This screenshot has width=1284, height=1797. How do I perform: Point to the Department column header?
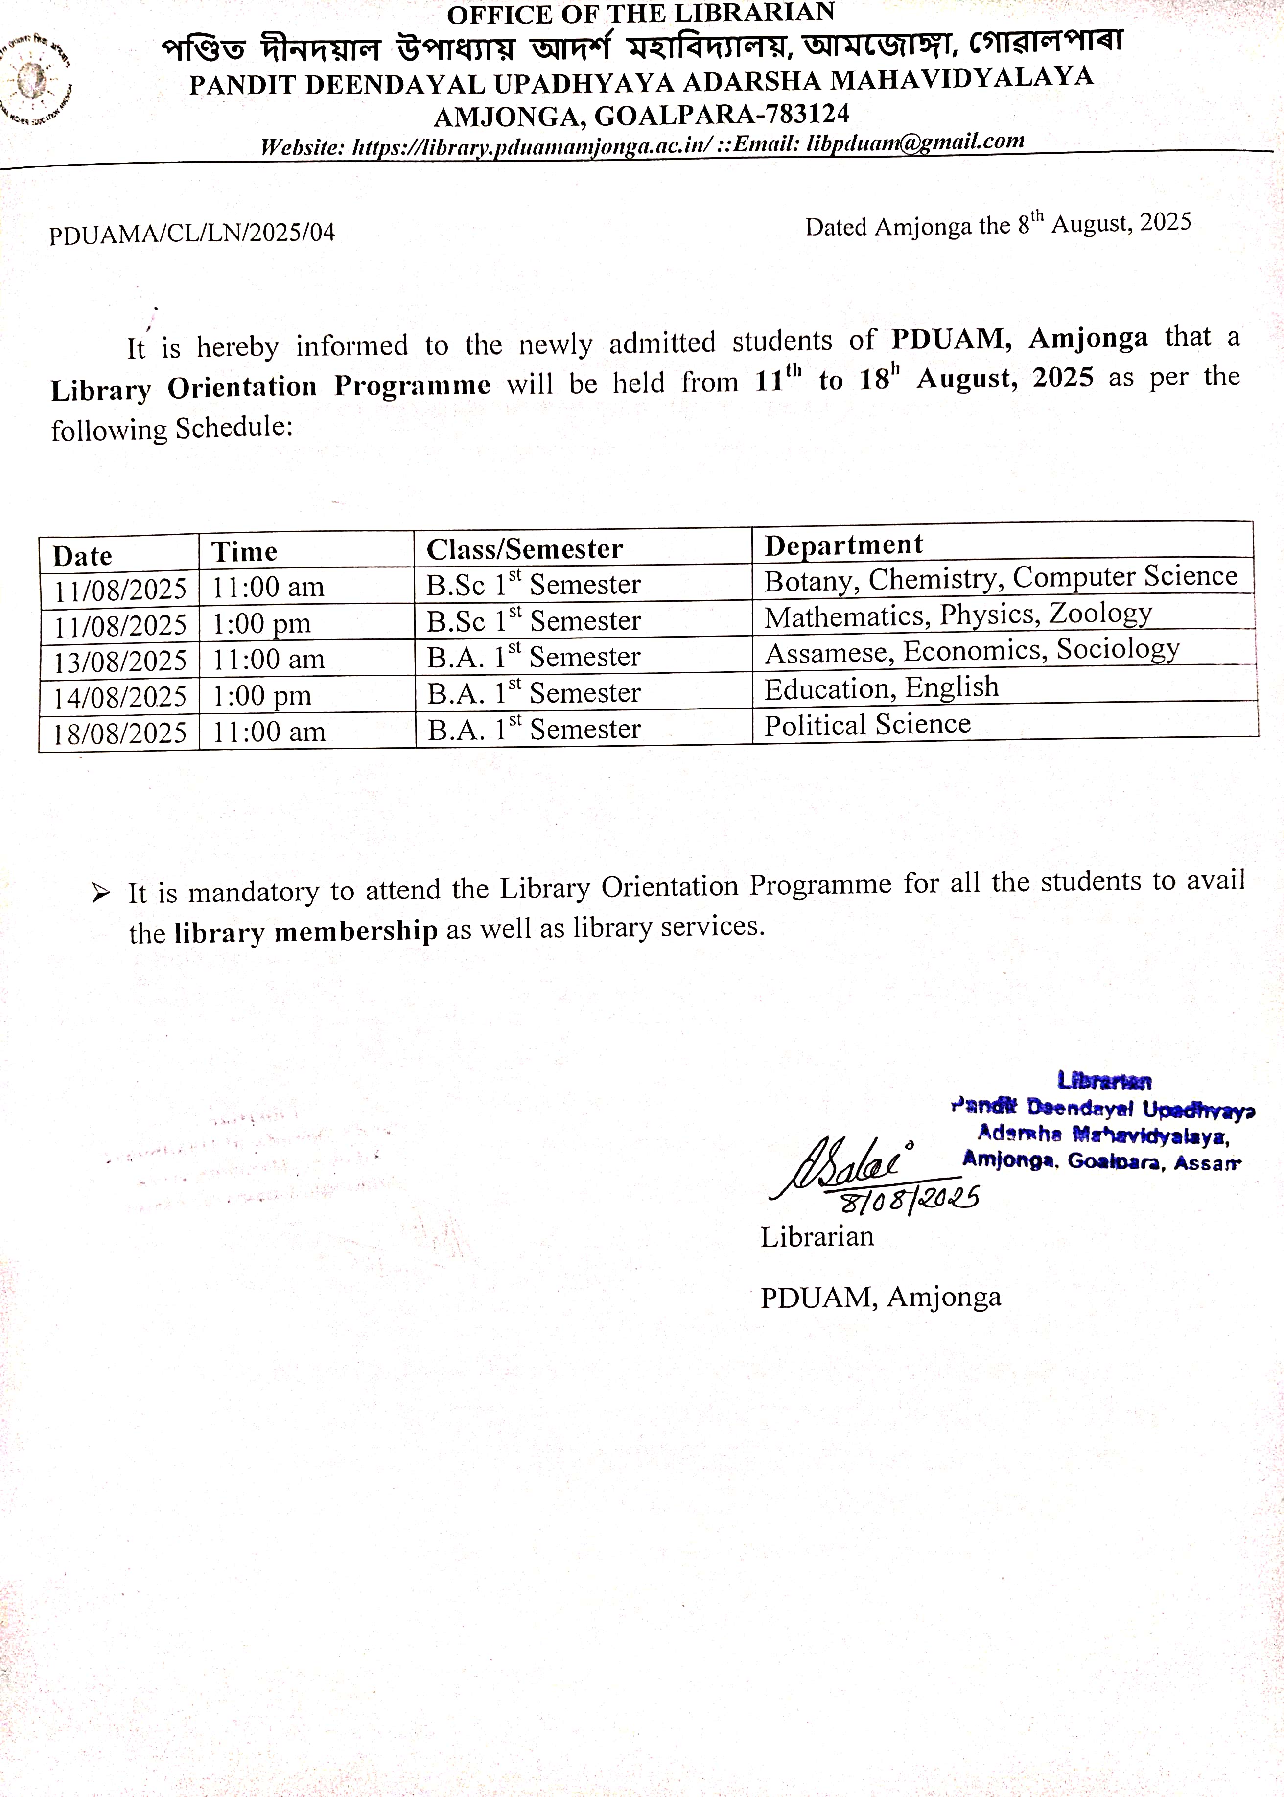click(x=843, y=545)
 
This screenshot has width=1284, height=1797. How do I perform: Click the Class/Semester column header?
click(x=524, y=549)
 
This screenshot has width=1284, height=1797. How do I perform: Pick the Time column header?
click(x=244, y=552)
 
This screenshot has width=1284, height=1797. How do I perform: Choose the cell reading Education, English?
click(x=881, y=688)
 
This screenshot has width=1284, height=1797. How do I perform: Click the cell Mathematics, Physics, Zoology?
click(x=957, y=615)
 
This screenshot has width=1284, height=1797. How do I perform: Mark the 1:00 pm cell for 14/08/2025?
click(x=262, y=696)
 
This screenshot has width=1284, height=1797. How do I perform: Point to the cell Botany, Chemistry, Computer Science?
click(x=1000, y=578)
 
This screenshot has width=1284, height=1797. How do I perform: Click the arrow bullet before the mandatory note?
click(x=100, y=894)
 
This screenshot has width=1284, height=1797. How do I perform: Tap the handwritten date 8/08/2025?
click(x=909, y=1200)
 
